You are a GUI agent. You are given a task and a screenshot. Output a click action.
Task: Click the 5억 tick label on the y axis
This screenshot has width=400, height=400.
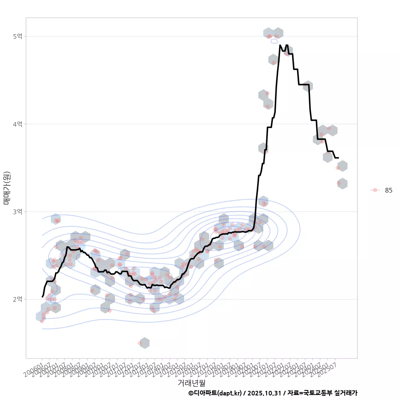pyautogui.click(x=17, y=37)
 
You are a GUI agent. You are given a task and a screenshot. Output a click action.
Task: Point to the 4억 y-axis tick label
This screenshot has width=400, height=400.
pyautogui.click(x=17, y=124)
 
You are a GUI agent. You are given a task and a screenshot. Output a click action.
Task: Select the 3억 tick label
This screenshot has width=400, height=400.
pyautogui.click(x=17, y=212)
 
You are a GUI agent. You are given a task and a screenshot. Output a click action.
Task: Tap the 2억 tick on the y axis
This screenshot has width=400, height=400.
pyautogui.click(x=17, y=299)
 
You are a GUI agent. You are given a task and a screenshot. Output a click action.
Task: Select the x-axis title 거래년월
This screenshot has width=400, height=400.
pyautogui.click(x=191, y=382)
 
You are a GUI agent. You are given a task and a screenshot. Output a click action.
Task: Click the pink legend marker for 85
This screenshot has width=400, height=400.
pyautogui.click(x=375, y=190)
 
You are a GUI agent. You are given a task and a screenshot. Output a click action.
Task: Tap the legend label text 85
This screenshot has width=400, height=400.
pyautogui.click(x=388, y=190)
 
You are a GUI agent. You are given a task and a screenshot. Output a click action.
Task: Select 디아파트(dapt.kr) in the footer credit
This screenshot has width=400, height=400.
pyautogui.click(x=217, y=393)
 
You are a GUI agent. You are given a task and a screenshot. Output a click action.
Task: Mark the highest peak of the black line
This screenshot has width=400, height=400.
pyautogui.click(x=280, y=45)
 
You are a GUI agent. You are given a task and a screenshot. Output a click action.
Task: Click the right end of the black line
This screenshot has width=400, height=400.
pyautogui.click(x=338, y=158)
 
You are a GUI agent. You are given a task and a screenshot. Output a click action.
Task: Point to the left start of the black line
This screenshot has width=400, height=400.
pyautogui.click(x=42, y=297)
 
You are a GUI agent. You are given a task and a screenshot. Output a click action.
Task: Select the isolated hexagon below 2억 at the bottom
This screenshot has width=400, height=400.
pyautogui.click(x=144, y=343)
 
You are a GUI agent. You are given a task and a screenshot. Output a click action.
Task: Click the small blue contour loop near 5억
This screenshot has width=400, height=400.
pyautogui.click(x=274, y=41)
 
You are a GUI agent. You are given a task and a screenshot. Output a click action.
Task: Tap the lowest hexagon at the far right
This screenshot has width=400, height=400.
pyautogui.click(x=342, y=183)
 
